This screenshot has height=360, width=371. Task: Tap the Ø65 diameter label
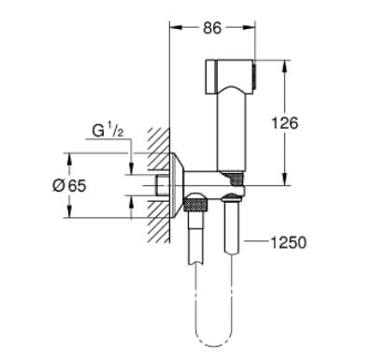(x=70, y=185)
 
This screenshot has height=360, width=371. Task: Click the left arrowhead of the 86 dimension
(x=172, y=29)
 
